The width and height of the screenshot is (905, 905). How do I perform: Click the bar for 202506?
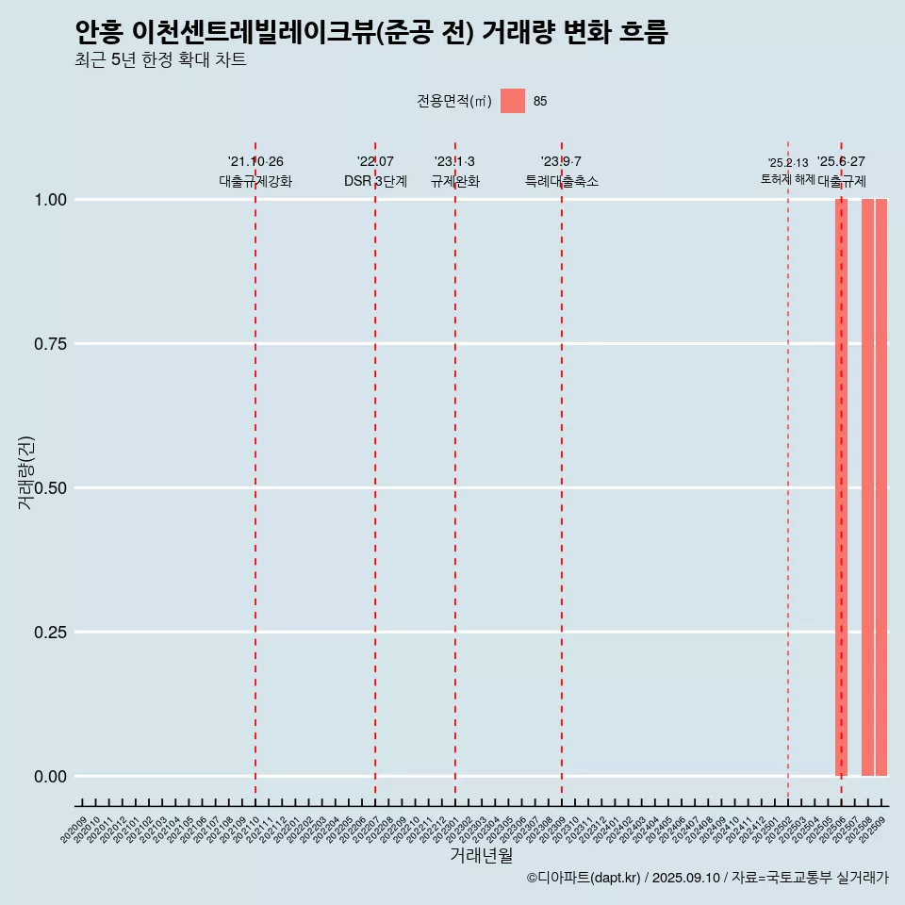point(841,487)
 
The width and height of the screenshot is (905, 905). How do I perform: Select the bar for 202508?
point(867,487)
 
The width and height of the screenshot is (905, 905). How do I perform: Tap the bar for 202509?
point(881,487)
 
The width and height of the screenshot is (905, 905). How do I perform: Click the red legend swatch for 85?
point(512,101)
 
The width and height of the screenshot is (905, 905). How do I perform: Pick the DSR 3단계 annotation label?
point(375,181)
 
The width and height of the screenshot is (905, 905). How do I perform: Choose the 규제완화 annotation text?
point(455,181)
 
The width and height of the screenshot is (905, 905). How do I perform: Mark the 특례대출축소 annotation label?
point(562,181)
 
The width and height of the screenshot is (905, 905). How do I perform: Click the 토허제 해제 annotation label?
point(787,179)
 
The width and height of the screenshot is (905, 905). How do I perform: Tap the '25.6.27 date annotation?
point(841,162)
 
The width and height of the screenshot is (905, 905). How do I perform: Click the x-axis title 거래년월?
point(482,856)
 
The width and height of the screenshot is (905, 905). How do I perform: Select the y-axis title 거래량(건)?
point(25,472)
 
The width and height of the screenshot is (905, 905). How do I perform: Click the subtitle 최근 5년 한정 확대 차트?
point(160,60)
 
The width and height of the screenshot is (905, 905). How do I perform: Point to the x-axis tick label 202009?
point(74,830)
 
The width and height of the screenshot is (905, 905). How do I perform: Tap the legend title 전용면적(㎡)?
point(453,101)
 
